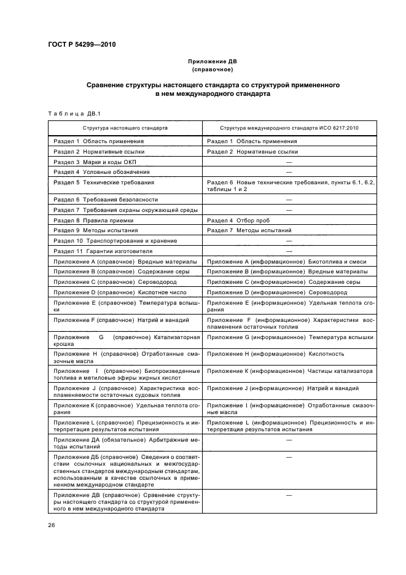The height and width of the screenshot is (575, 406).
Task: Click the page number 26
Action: point(52,525)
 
